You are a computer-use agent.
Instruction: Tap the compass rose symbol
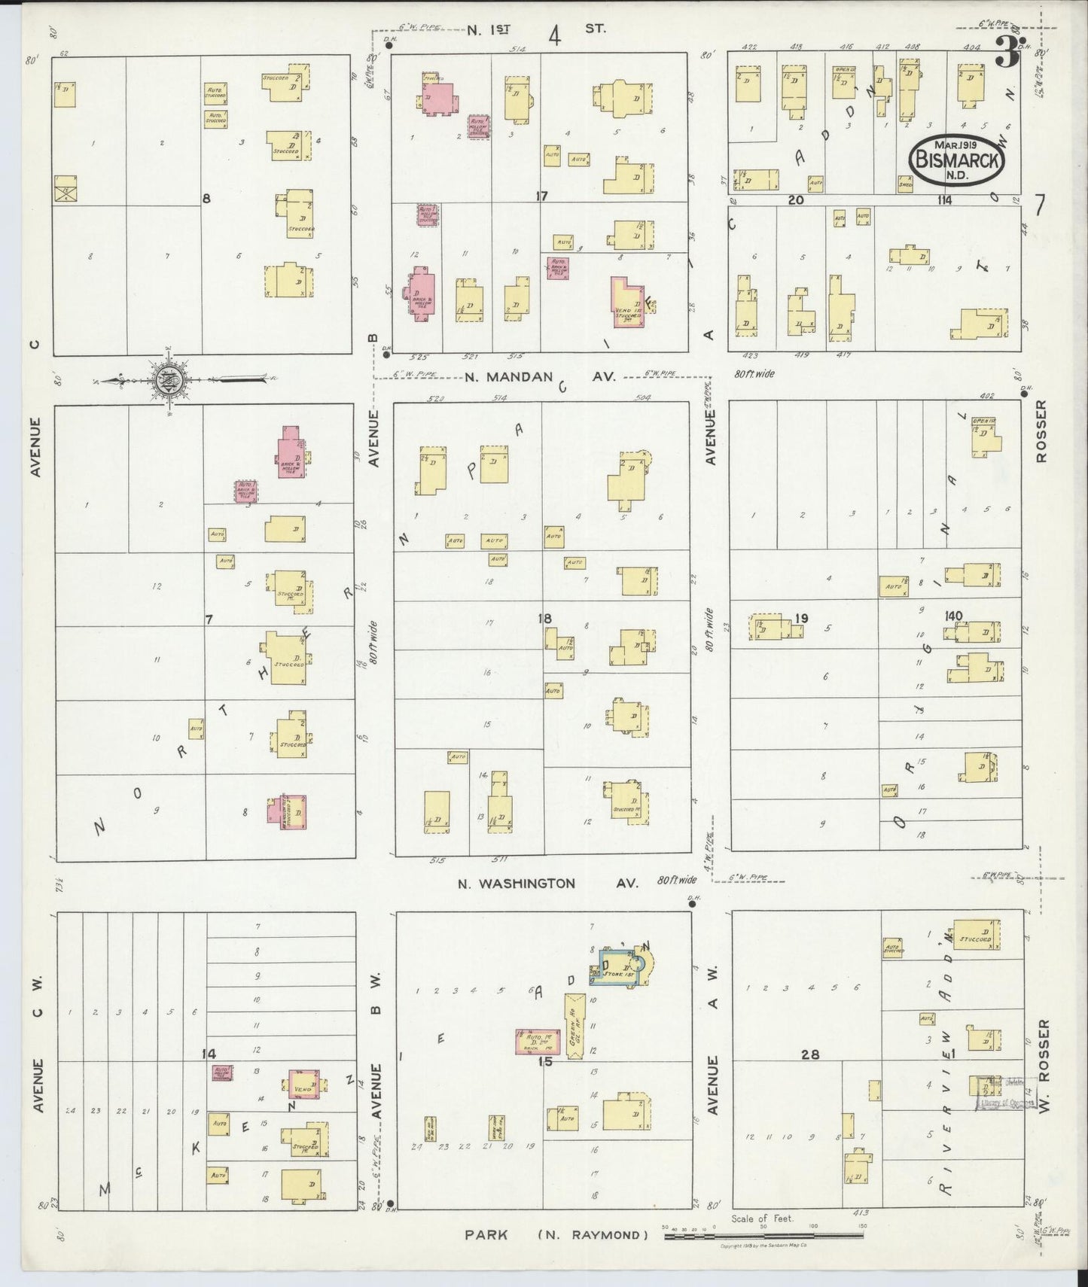[166, 382]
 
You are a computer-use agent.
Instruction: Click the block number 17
[541, 196]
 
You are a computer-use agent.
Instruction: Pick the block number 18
[544, 618]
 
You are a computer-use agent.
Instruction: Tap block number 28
[810, 1054]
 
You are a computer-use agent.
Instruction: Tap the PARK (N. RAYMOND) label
[556, 1234]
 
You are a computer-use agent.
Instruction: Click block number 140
[953, 616]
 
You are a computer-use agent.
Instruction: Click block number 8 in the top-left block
[206, 198]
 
